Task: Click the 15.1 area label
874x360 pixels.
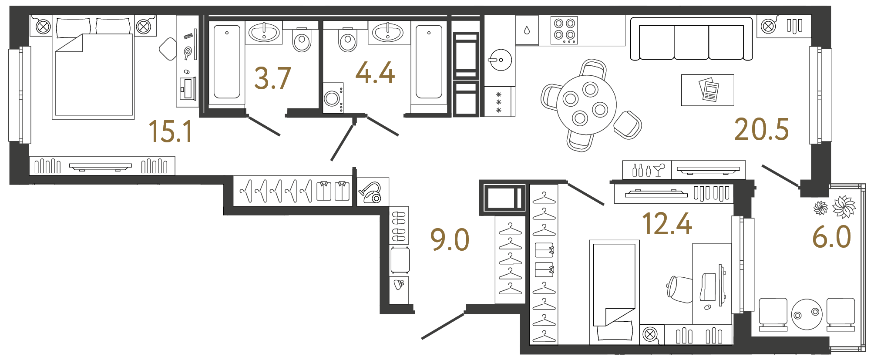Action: tap(170, 131)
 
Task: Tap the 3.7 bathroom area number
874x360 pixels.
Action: tap(272, 78)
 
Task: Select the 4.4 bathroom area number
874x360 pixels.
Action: tap(375, 73)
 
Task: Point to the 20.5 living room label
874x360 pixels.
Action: tap(761, 130)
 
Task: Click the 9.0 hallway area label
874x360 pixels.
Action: tap(450, 240)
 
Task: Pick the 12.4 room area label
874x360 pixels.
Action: tap(667, 224)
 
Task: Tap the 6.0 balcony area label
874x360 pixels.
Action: tap(831, 237)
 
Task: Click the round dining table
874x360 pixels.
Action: tap(586, 105)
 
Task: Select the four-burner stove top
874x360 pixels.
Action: tap(565, 30)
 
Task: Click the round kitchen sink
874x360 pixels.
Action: tap(500, 60)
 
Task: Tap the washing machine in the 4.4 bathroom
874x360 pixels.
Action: tap(333, 98)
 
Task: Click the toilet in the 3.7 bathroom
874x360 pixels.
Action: tap(302, 40)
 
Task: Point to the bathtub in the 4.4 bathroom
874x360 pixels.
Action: tap(429, 62)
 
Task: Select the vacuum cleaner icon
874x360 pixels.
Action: tap(370, 192)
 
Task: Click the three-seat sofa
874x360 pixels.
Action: tap(691, 40)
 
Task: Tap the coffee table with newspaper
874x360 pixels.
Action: tap(707, 90)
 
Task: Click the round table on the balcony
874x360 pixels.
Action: tap(807, 314)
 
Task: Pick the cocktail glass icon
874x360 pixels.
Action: tap(659, 169)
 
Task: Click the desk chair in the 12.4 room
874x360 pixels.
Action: tap(680, 289)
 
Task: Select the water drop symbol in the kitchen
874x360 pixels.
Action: tap(527, 30)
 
